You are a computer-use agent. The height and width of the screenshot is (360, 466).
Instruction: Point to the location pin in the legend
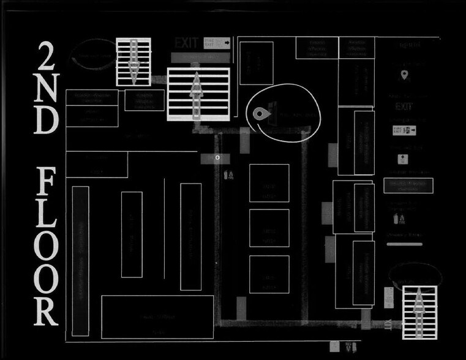[404, 75]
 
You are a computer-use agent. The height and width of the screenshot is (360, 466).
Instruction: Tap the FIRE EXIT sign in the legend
[404, 130]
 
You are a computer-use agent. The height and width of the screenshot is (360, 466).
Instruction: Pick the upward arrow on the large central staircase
[197, 93]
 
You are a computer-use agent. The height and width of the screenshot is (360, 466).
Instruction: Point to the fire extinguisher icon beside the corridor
[228, 176]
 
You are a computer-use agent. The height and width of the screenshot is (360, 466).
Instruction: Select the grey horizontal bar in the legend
[404, 244]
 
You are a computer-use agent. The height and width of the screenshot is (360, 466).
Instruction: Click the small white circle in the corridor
[217, 157]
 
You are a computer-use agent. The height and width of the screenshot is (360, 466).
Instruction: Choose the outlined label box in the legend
[408, 186]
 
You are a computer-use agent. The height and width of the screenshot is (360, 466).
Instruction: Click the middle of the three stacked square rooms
[269, 228]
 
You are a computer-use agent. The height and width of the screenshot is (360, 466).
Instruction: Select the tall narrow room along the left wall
[80, 261]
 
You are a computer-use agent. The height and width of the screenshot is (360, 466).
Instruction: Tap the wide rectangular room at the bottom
[157, 316]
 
